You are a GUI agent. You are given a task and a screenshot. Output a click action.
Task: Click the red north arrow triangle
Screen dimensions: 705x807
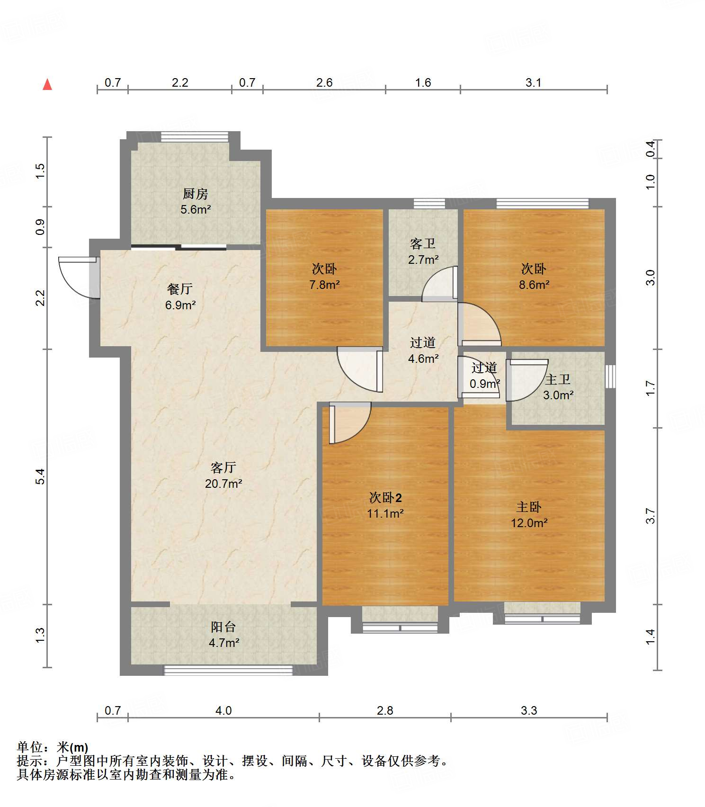pos(47,84)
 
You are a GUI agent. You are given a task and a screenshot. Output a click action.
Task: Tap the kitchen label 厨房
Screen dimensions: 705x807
pos(196,194)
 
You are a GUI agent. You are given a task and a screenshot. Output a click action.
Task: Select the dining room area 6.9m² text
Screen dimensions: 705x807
pos(180,305)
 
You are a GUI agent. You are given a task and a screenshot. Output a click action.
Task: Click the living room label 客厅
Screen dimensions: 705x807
pos(223,468)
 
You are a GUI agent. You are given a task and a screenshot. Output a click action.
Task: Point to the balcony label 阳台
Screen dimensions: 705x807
pos(223,627)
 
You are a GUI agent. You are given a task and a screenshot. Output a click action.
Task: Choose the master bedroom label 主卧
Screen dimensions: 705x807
pos(529,507)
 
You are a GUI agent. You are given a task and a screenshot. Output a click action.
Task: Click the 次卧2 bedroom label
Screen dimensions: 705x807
pos(385,498)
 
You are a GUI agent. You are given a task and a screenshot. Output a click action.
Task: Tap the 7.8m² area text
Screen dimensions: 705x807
pos(325,285)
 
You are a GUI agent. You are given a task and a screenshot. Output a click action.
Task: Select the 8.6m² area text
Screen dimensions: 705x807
pos(534,285)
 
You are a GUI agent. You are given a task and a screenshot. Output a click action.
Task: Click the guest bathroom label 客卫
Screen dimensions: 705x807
pos(423,244)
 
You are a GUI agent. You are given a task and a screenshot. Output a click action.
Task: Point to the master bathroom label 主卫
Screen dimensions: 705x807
pos(558,379)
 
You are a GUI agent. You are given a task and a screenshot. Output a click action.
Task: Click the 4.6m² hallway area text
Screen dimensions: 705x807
pos(423,359)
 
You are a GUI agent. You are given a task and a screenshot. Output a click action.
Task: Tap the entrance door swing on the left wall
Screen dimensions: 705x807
pos(79,278)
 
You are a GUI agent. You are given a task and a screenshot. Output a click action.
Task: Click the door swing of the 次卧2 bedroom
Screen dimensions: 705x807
pos(350,422)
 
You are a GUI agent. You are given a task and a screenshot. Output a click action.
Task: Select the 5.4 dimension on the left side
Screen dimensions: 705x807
pos(41,476)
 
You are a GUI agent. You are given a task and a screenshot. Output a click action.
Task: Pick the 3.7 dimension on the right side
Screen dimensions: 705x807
pos(651,516)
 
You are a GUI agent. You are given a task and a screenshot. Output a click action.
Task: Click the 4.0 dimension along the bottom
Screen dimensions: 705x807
pos(223,710)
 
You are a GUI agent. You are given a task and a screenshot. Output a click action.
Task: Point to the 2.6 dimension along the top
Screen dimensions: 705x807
pos(324,82)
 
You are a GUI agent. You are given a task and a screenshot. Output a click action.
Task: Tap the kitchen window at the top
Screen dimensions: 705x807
pos(195,136)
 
